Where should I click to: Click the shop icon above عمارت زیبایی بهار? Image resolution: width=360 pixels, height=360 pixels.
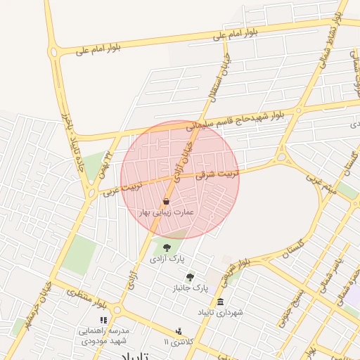pyautogui.click(x=166, y=202)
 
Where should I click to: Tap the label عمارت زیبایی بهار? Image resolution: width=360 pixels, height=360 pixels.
pyautogui.click(x=167, y=212)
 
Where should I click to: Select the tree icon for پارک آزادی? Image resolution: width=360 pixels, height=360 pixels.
pyautogui.click(x=167, y=247)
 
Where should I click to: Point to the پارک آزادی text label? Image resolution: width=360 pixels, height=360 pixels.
pyautogui.click(x=167, y=259)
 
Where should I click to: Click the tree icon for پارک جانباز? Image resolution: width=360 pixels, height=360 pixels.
pyautogui.click(x=190, y=277)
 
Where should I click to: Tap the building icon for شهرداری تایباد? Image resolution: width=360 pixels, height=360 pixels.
pyautogui.click(x=220, y=302)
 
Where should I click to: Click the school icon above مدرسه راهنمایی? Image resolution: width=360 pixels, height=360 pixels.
pyautogui.click(x=104, y=320)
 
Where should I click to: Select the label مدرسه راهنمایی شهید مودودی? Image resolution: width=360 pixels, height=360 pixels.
pyautogui.click(x=103, y=335)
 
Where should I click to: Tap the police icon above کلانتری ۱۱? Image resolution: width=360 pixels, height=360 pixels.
pyautogui.click(x=179, y=330)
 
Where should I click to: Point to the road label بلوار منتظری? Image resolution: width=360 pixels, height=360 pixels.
pyautogui.click(x=87, y=300)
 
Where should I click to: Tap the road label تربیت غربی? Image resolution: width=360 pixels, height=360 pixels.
pyautogui.click(x=123, y=187)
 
